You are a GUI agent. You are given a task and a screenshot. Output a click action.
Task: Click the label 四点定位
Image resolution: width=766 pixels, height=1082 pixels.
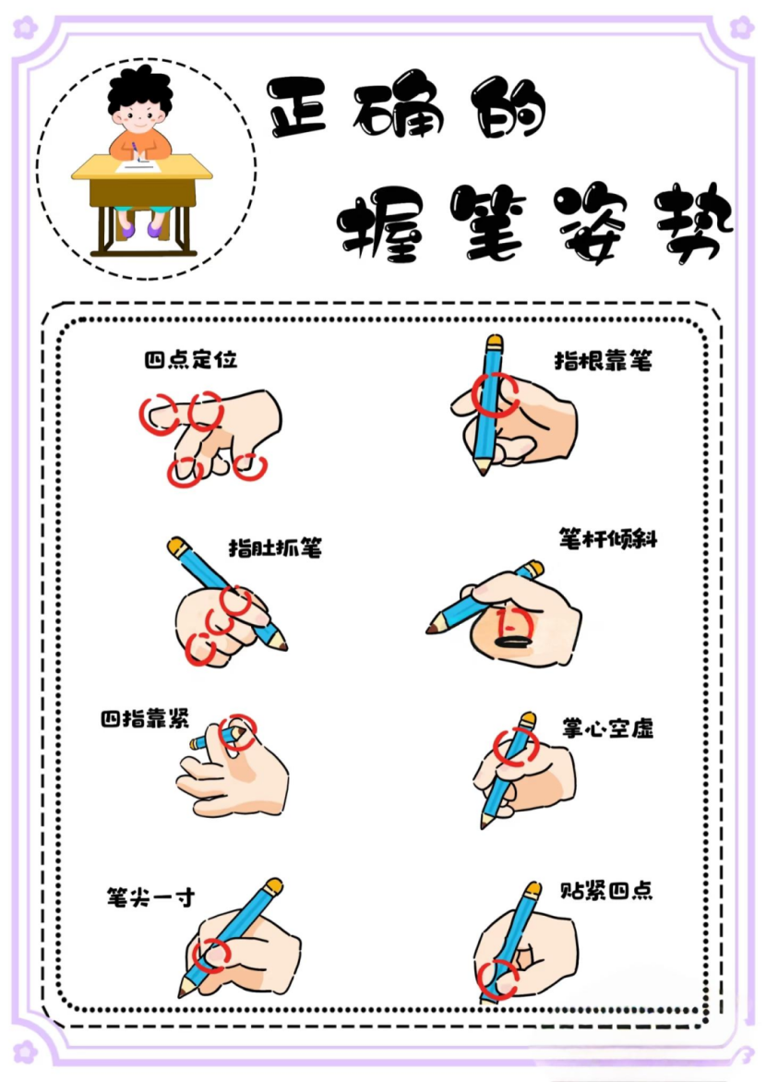point(190,359)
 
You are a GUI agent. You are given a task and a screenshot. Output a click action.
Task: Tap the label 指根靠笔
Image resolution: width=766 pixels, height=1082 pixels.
point(604,360)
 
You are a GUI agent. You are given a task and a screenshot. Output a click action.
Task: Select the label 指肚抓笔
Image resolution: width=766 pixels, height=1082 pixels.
point(275,547)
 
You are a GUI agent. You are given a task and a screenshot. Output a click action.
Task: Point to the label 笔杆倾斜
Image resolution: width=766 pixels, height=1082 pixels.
point(608,539)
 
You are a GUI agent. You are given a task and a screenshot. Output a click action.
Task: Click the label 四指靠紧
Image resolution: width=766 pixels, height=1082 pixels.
point(145,719)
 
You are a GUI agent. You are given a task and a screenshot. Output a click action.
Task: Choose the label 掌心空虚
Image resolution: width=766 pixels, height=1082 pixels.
point(607,728)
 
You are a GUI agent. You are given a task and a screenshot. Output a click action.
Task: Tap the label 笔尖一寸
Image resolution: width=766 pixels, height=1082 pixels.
point(150,897)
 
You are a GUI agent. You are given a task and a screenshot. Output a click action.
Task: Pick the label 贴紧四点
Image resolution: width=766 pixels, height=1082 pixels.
point(606,890)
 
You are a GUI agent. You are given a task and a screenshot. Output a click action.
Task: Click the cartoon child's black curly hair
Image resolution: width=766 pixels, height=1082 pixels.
point(140,90)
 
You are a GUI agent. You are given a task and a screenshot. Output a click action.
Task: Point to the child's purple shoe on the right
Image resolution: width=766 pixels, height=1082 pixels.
point(156,228)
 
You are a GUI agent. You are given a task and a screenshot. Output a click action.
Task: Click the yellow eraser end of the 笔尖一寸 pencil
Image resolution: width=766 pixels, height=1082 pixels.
point(274,886)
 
